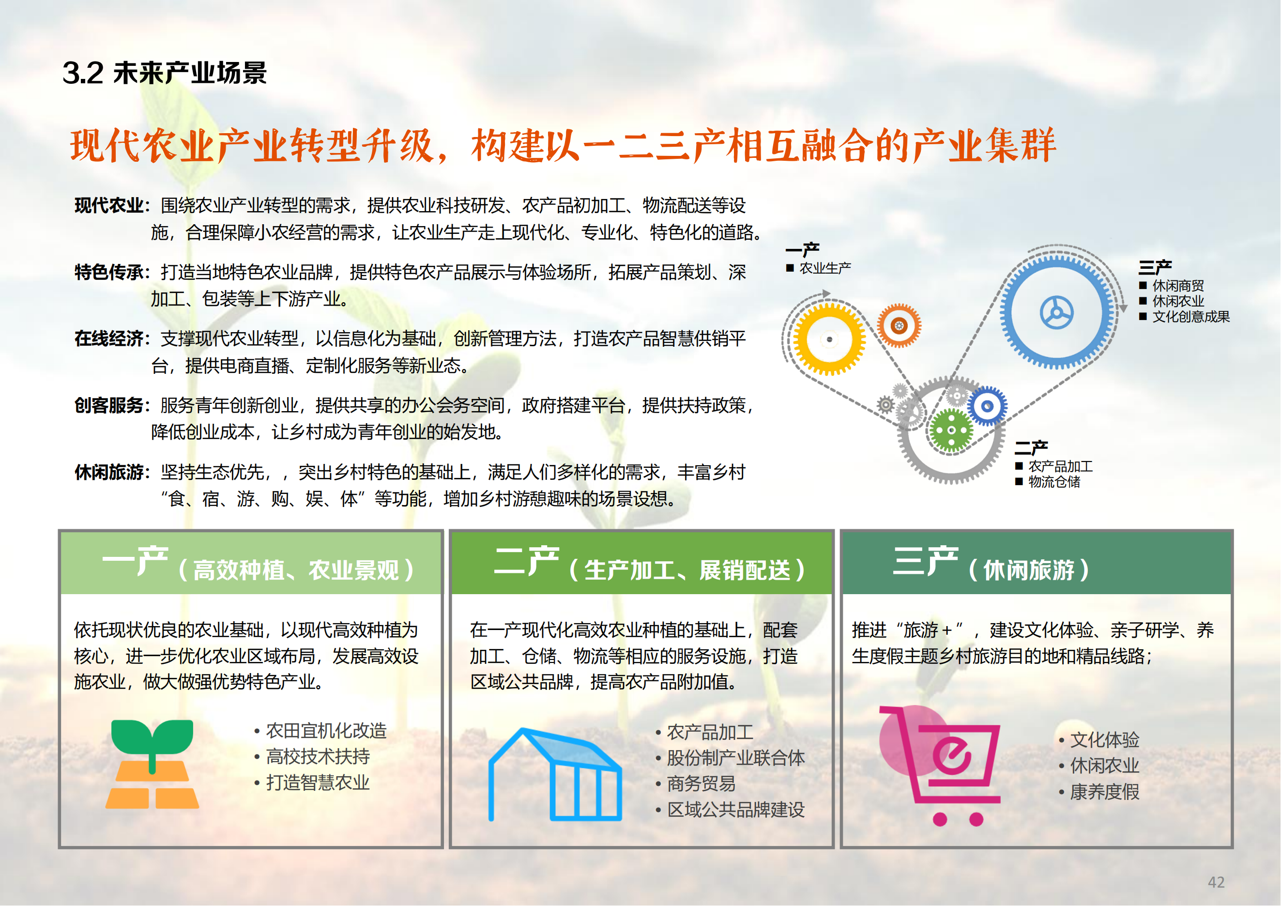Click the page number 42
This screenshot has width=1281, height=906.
click(1216, 882)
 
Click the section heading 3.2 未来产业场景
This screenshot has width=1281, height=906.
click(165, 73)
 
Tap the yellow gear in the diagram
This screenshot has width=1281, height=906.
click(829, 339)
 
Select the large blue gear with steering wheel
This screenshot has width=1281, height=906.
click(1056, 312)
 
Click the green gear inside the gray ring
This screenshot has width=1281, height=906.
click(951, 430)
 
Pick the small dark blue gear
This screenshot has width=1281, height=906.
click(987, 406)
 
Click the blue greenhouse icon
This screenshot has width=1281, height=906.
click(555, 775)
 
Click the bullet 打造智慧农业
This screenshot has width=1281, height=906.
click(318, 783)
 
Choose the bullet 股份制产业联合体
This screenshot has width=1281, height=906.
click(735, 758)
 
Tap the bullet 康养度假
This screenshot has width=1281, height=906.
click(1104, 792)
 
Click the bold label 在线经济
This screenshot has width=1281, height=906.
click(109, 338)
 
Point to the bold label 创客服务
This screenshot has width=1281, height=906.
click(109, 406)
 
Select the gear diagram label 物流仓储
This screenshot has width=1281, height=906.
click(1054, 481)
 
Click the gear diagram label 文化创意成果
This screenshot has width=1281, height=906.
click(1190, 317)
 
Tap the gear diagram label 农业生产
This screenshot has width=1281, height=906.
click(824, 268)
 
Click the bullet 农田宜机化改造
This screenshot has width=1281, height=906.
click(326, 731)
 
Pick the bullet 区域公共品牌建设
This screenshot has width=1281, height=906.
click(735, 810)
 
